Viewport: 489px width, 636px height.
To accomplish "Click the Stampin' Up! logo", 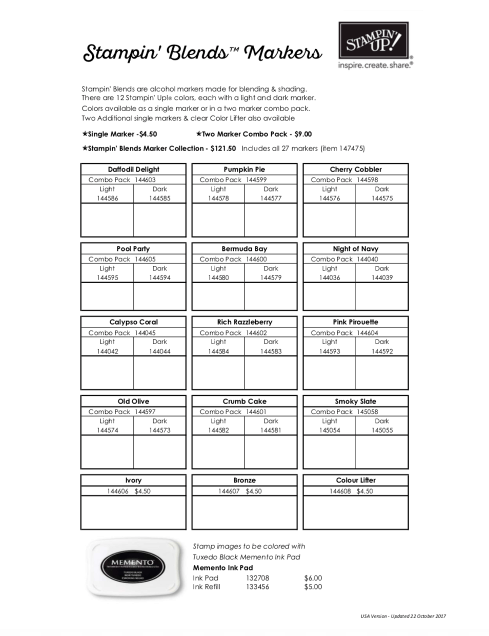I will (374, 40).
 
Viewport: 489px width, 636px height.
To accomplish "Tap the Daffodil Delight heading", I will (133, 169).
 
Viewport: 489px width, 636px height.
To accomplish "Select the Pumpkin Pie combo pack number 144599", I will (256, 180).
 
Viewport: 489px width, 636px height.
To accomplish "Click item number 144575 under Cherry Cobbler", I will (382, 198).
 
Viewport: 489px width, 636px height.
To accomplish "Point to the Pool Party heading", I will (133, 249).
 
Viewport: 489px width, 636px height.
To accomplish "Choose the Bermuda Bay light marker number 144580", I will (218, 278).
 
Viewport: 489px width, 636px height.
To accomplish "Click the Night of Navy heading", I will (355, 249).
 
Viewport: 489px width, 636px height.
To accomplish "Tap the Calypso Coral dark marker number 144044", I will (160, 351).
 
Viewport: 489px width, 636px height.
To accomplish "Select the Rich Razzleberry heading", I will (244, 322).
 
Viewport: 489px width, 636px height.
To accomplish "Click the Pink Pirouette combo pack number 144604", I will (368, 333).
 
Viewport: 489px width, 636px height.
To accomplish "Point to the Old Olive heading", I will (133, 401).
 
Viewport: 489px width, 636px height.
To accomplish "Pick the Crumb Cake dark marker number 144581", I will (271, 430).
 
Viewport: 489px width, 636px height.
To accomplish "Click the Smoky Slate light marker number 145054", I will (330, 430).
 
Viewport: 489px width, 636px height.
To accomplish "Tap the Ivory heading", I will (133, 480).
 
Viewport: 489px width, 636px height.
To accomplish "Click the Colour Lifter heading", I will (356, 480).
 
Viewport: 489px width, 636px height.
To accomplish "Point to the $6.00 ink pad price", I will (313, 578).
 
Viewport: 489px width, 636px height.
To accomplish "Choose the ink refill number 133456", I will (257, 587).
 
